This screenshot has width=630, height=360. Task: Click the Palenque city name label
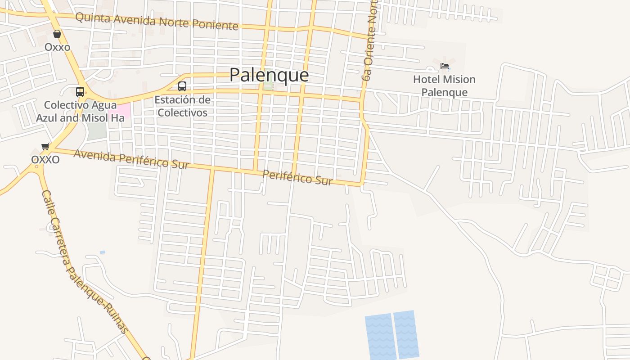click(x=269, y=75)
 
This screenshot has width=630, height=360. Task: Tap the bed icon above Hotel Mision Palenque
click(x=445, y=67)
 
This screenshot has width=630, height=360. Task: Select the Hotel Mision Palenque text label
click(x=444, y=86)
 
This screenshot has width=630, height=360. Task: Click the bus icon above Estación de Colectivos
click(x=182, y=86)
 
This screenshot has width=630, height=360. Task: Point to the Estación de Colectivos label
click(x=182, y=106)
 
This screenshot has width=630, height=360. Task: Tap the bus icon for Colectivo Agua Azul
click(x=80, y=92)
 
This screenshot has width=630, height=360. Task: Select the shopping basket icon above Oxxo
click(x=57, y=34)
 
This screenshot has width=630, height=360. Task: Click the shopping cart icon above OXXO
click(x=45, y=146)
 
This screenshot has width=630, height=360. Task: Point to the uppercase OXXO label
click(x=45, y=160)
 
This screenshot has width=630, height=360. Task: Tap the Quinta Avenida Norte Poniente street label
click(x=157, y=21)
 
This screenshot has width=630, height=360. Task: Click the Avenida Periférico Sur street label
click(x=131, y=159)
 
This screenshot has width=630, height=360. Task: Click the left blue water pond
click(x=379, y=337)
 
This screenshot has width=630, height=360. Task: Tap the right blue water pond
click(x=406, y=334)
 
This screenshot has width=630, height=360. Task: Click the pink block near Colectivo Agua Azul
click(x=119, y=110)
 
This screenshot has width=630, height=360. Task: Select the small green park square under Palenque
click(x=268, y=85)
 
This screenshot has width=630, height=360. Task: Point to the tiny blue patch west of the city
click(x=102, y=252)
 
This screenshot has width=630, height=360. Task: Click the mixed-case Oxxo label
click(x=57, y=47)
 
